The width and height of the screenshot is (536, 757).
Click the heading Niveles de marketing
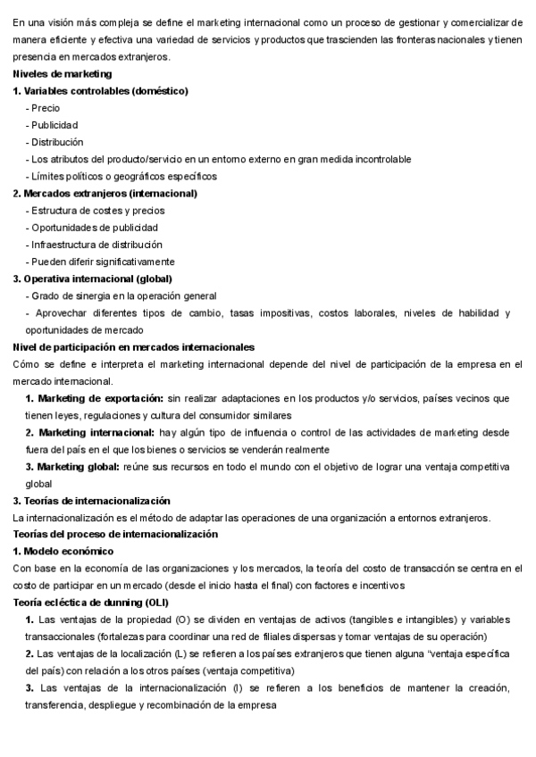pos(63,74)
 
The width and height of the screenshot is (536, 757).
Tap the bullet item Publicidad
pos(54,125)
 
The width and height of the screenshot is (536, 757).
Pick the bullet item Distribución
pos(56,142)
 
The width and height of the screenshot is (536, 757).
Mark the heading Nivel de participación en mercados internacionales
pos(134,346)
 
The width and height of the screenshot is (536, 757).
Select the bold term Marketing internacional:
pos(97,432)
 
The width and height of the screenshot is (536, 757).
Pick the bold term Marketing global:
pos(80,466)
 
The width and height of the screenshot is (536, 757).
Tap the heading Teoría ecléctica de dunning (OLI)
pos(90,603)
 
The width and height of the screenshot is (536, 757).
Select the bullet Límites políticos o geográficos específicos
pos(123,176)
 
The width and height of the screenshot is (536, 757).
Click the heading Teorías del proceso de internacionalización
pos(115,534)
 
